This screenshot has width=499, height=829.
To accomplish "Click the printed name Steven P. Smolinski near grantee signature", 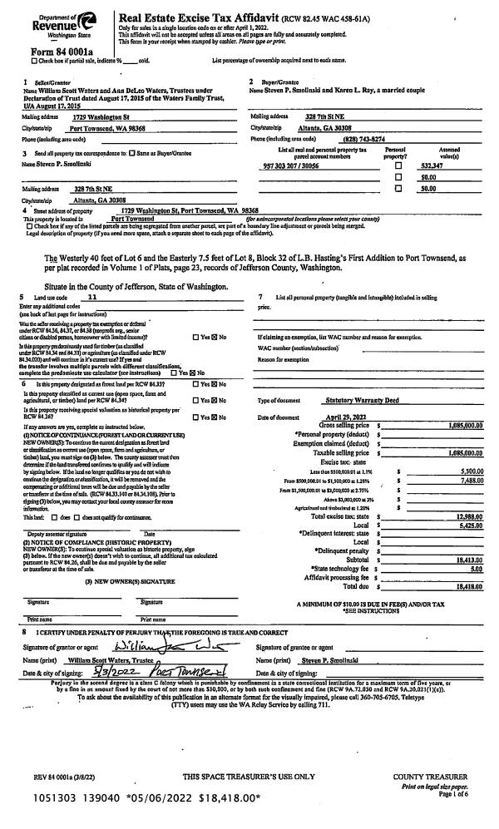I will click(x=321, y=637).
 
